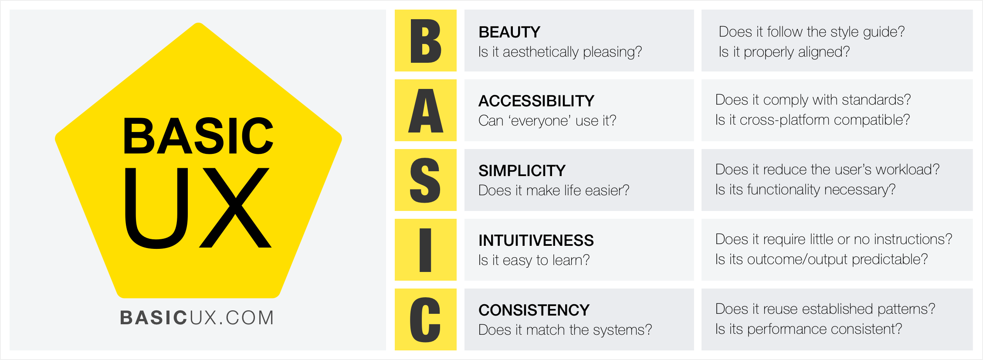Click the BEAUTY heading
tap(509, 32)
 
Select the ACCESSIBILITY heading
tap(536, 101)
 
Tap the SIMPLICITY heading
tap(522, 171)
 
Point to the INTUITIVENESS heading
tap(536, 241)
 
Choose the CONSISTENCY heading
tap(533, 310)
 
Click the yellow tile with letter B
tap(425, 41)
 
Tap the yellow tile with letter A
tap(425, 110)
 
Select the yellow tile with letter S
tap(425, 180)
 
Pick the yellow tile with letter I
tap(425, 250)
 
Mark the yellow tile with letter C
tap(425, 319)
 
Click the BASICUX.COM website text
tap(197, 318)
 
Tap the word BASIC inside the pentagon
tap(198, 136)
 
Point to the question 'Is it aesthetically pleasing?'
tap(560, 52)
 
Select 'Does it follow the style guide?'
tap(811, 32)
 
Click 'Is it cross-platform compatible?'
tap(812, 120)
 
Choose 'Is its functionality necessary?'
tap(805, 190)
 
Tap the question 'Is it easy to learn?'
tap(534, 260)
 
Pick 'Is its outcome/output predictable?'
tap(821, 259)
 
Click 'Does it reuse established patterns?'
tap(825, 309)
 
